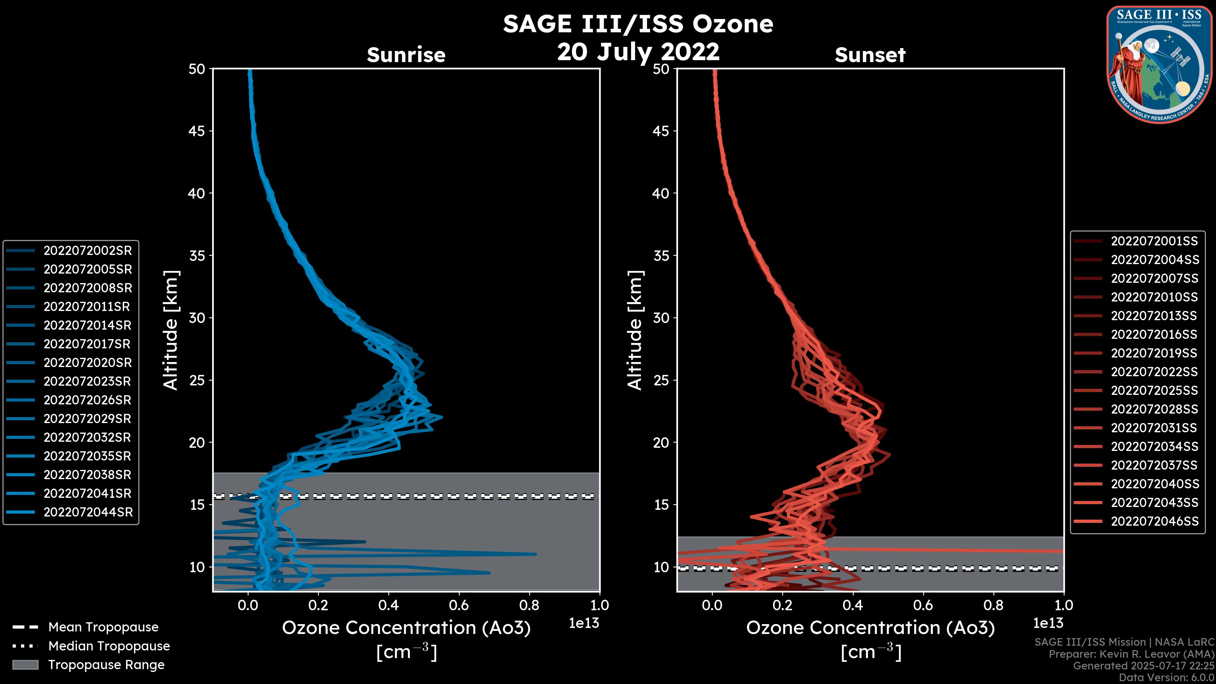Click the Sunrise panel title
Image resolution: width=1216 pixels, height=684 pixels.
[406, 55]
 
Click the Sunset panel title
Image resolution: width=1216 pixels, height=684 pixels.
[870, 55]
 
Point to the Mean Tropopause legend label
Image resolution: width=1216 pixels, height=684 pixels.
[103, 627]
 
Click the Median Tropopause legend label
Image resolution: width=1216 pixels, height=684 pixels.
[109, 646]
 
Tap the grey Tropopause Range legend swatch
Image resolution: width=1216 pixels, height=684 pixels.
[25, 665]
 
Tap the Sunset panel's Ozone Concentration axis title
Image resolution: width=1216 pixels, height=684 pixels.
[871, 639]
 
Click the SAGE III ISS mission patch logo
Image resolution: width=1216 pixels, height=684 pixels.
[1159, 65]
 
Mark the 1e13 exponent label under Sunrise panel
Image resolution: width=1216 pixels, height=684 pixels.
[584, 623]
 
